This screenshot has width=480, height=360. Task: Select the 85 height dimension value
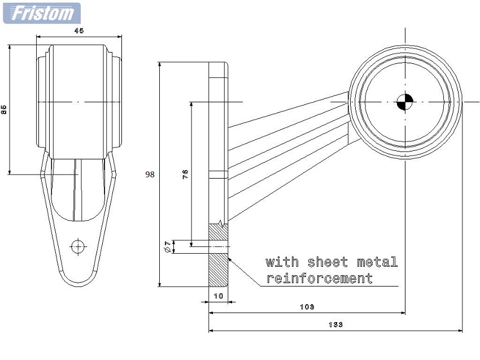4,110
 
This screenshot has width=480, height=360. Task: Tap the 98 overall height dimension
150,175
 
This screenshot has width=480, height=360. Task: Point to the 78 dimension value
185,174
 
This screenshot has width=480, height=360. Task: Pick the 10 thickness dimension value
219,296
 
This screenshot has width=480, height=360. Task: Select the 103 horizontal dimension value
307,307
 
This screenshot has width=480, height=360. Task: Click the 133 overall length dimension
335,324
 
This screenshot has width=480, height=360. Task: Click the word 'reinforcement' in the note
320,278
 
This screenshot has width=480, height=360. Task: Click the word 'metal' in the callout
377,262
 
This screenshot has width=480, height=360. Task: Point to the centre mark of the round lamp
405,102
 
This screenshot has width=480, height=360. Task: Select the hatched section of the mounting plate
218,260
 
